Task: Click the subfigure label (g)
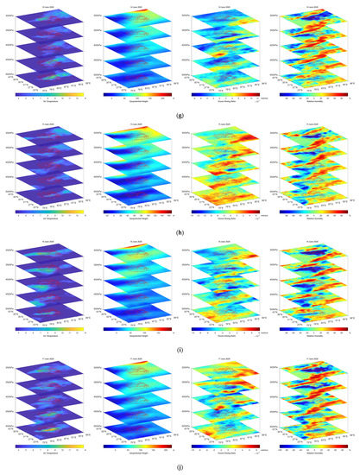180,111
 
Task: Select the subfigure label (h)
180,229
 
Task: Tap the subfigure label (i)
180,345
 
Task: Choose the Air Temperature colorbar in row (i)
45,327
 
